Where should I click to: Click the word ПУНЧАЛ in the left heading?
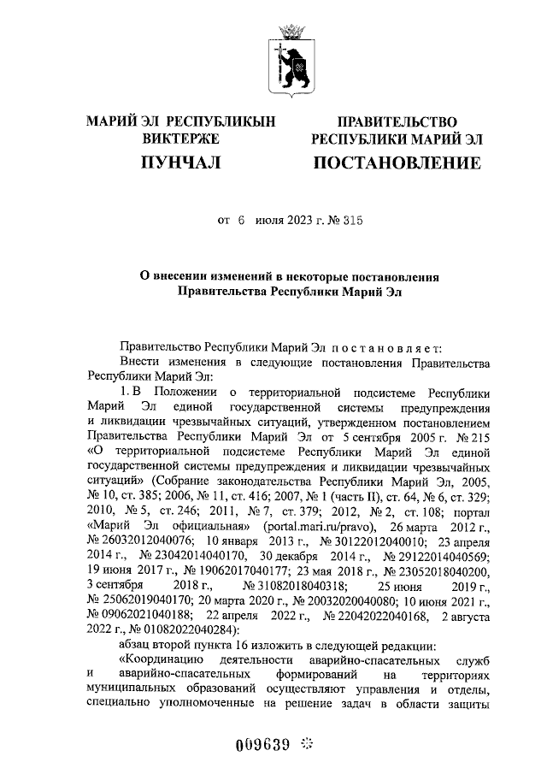[x=180, y=162]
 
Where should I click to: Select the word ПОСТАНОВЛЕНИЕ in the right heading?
[x=396, y=162]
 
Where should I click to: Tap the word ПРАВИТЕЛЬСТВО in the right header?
[x=397, y=123]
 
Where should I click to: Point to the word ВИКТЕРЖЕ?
[x=180, y=139]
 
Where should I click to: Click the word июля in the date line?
[x=256, y=221]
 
